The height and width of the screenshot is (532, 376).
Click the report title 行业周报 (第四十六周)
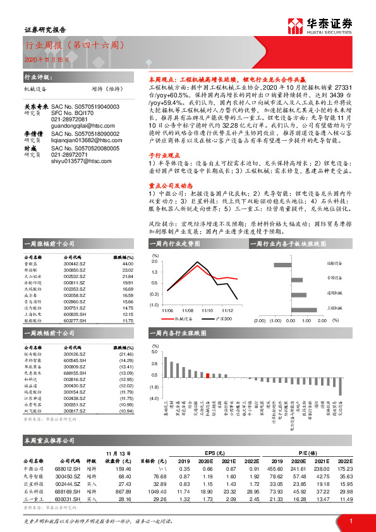pos(74,45)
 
